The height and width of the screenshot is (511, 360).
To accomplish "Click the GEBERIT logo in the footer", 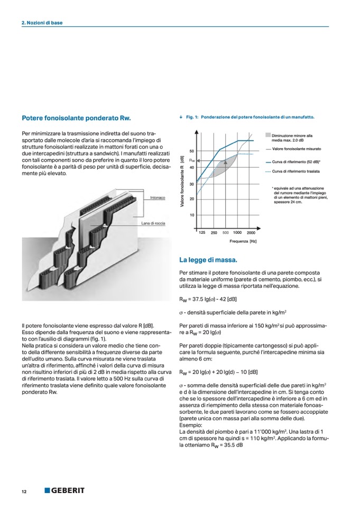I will click(64, 490).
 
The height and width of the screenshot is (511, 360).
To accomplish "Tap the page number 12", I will click(24, 491).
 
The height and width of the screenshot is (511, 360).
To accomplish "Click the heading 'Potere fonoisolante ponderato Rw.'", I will click(76, 118).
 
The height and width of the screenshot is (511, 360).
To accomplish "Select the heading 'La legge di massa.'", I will click(208, 260).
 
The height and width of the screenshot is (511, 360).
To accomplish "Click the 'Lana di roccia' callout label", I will click(153, 224).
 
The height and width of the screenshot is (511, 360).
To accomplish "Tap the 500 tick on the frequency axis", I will click(225, 233).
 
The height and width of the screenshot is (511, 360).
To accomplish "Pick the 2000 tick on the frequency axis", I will click(251, 233).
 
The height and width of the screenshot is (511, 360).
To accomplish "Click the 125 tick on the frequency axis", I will click(202, 233).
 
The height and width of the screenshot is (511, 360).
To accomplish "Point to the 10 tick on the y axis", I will click(191, 215).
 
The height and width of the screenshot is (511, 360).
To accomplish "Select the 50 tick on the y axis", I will click(191, 151).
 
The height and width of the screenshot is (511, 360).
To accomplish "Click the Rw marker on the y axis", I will click(192, 160).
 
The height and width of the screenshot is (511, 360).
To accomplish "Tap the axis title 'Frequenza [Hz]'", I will click(243, 241).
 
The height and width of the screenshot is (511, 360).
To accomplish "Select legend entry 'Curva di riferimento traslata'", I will click(296, 172).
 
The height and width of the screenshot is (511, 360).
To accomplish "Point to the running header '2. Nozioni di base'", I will click(42, 23).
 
